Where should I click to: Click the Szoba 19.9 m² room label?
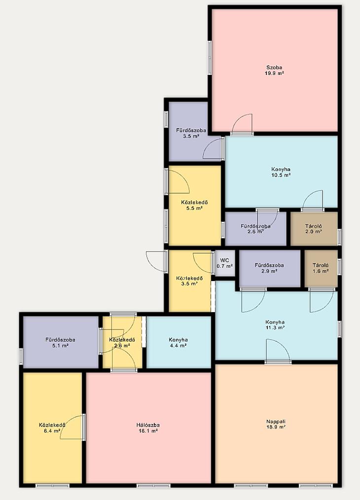tap(275, 70)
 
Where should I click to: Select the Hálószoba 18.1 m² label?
tap(148, 428)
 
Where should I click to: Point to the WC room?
tap(225, 263)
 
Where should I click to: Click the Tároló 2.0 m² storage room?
tap(314, 229)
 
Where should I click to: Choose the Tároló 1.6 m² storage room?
tap(321, 268)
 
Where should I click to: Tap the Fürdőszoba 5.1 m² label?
tap(60, 343)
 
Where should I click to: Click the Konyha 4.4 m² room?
tap(179, 342)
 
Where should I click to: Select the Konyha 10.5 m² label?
tap(281, 172)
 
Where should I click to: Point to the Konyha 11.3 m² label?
tap(275, 324)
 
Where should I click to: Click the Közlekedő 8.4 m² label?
tap(52, 428)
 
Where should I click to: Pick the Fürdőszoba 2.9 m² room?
tap(270, 268)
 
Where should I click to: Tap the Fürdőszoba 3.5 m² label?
tap(191, 133)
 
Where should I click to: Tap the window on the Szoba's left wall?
tap(210, 58)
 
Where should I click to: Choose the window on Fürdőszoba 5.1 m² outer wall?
tap(21, 357)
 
